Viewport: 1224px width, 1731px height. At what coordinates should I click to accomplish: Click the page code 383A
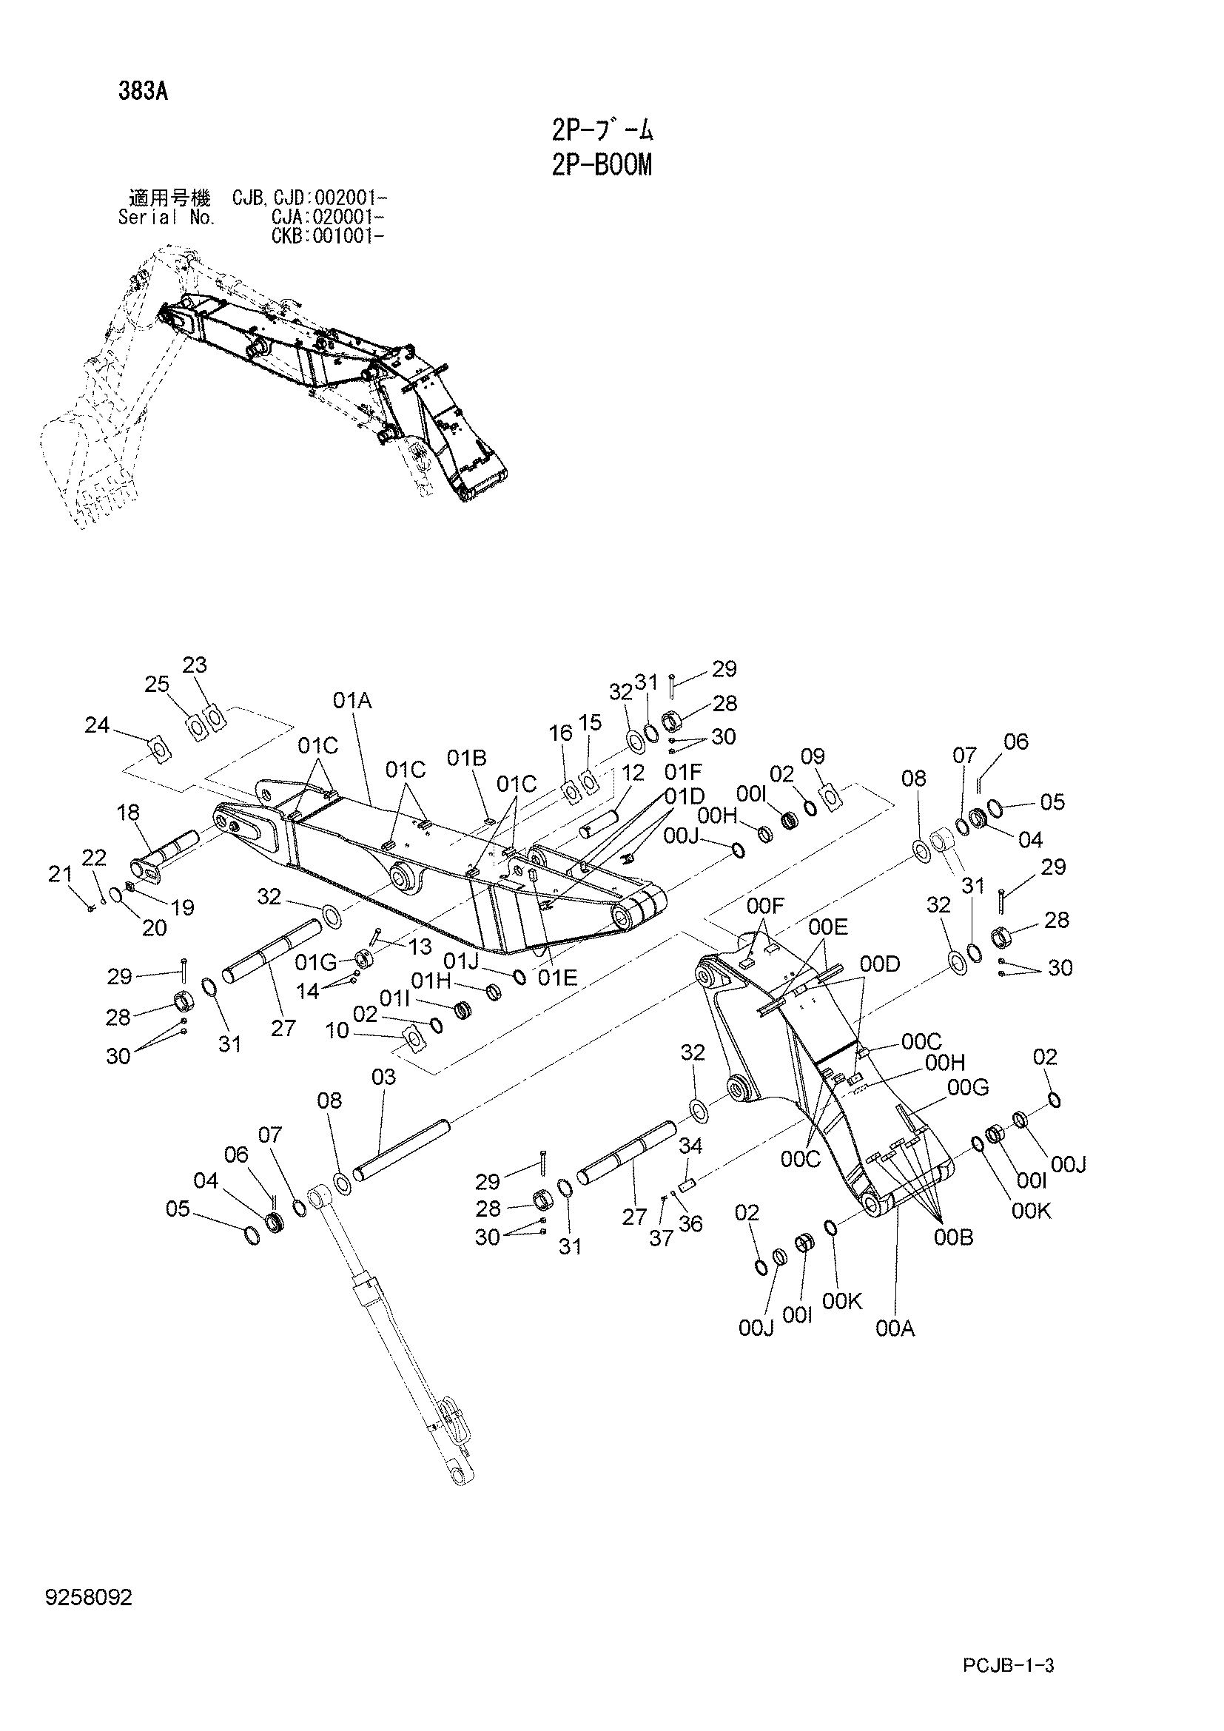142,92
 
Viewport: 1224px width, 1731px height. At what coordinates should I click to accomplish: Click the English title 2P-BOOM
601,164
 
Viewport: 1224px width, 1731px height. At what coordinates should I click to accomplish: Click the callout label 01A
353,701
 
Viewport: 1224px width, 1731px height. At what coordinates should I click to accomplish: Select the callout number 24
97,725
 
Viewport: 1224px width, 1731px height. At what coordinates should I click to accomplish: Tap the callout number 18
128,813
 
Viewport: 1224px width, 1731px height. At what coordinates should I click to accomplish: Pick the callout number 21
59,874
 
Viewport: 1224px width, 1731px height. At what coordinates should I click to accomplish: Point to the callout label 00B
953,1238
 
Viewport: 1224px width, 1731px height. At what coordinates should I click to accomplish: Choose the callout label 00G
969,1087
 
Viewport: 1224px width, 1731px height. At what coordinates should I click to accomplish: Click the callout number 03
383,1077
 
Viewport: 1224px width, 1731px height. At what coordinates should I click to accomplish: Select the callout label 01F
685,772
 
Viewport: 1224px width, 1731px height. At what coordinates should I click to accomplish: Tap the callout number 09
813,756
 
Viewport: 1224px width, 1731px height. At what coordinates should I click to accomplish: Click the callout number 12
633,772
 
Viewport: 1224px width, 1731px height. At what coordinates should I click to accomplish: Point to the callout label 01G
316,962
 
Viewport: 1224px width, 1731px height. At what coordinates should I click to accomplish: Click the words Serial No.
167,218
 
